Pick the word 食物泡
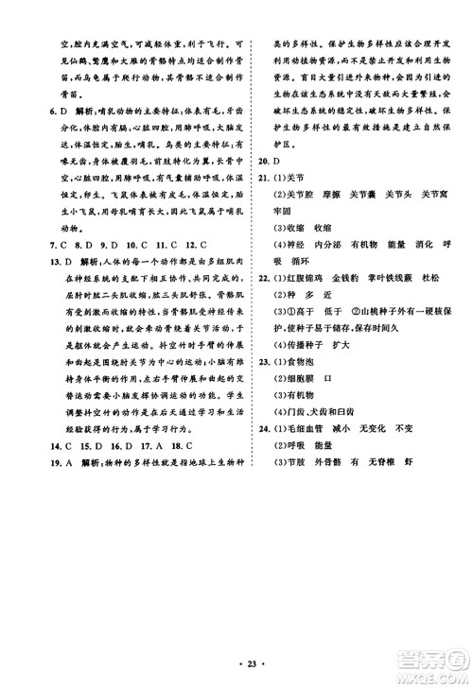pyautogui.click(x=293, y=362)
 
